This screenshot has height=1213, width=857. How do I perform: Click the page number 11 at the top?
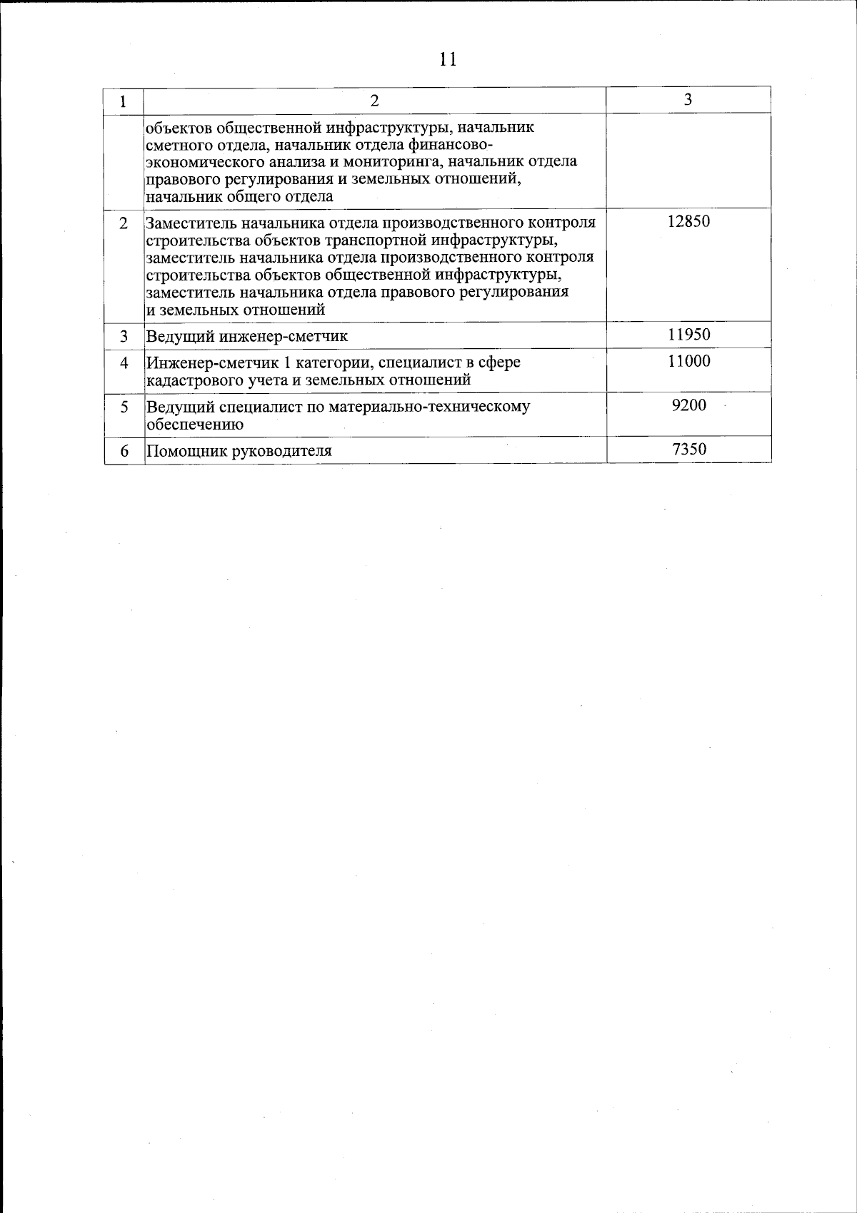pos(448,59)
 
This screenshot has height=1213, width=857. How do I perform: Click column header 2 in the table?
pos(374,101)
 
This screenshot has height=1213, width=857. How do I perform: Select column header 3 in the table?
pos(688,100)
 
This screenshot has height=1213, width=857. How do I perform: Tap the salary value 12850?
pos(688,221)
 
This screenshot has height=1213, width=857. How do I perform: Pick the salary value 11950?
pos(688,334)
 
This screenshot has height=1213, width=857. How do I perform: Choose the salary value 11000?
pos(688,361)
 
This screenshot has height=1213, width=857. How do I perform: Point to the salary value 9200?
pos(688,405)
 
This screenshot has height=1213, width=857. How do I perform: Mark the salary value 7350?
pos(688,449)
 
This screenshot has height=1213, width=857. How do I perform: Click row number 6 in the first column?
pos(124,451)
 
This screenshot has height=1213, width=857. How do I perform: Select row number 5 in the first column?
pos(124,407)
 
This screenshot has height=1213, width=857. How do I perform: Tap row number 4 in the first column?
pos(124,362)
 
